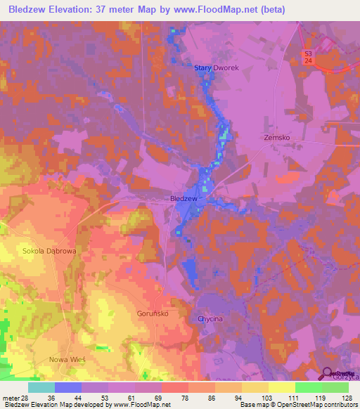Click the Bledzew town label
(184, 199)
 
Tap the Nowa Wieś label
(67, 359)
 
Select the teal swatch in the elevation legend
(41, 387)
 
